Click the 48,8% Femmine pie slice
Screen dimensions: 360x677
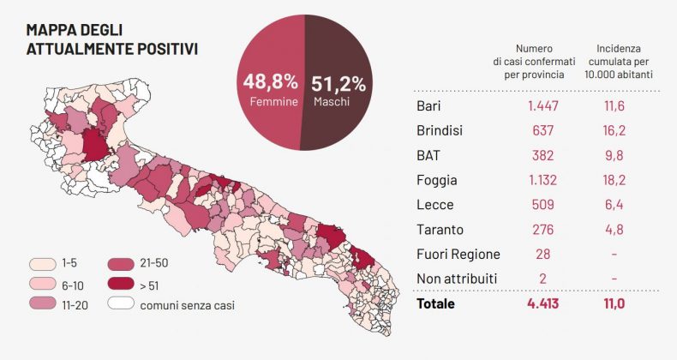click(266, 86)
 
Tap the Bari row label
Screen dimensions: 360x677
click(428, 105)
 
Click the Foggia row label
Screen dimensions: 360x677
click(436, 180)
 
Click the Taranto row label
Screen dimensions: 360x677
click(440, 230)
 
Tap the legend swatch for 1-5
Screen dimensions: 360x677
click(42, 265)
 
